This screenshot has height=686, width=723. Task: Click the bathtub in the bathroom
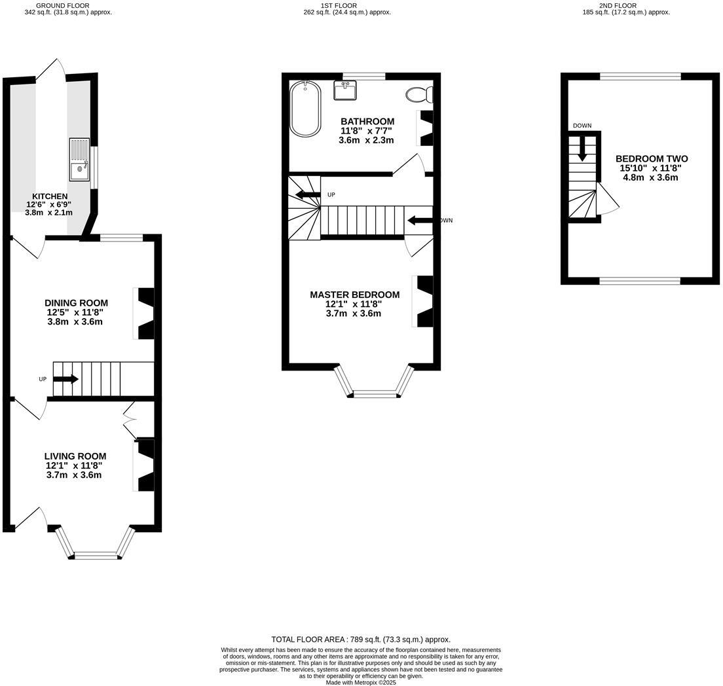[x=305, y=109]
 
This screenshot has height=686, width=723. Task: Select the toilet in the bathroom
[x=418, y=95]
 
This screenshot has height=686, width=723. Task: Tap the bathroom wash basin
[x=344, y=90]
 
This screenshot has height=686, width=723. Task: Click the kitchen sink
[x=79, y=160]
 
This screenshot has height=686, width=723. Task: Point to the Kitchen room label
[x=50, y=196]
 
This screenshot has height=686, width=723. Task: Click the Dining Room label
[x=76, y=303]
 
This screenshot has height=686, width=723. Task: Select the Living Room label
[x=75, y=456]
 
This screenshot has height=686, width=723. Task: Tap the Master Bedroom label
[x=354, y=295]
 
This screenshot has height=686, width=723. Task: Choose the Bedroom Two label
[x=651, y=159]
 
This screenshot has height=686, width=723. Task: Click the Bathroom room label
[x=367, y=122]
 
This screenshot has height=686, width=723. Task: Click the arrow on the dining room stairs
[x=66, y=379]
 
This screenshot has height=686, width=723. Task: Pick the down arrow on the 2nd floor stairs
[x=582, y=151]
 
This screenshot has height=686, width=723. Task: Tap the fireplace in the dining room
[x=145, y=314]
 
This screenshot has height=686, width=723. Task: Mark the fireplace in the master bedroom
[x=424, y=301]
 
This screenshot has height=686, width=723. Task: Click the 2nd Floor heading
[x=618, y=5]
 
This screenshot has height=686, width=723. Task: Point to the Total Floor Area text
[x=361, y=640]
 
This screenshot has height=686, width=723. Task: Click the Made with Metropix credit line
[x=361, y=682]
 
